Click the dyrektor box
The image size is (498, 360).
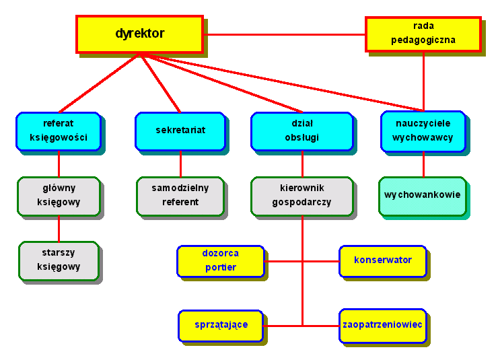point(139,34)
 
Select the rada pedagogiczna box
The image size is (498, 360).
point(423,34)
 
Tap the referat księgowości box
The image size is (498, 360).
point(58,131)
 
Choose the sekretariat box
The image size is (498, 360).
point(180,131)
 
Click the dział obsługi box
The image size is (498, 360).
point(301,131)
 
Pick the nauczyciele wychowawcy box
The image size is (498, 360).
point(423,131)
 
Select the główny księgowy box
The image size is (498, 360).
point(59,196)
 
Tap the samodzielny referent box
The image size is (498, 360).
point(180,196)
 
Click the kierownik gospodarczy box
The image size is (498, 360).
point(301,196)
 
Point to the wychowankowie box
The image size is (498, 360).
point(422,196)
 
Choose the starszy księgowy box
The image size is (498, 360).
point(59,260)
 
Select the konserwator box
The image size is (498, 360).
point(382,260)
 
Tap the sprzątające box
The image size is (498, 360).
point(221,325)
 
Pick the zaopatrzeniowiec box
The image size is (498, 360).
point(382,325)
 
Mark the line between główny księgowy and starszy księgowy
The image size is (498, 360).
point(59,229)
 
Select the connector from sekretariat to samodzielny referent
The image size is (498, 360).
point(180,164)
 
